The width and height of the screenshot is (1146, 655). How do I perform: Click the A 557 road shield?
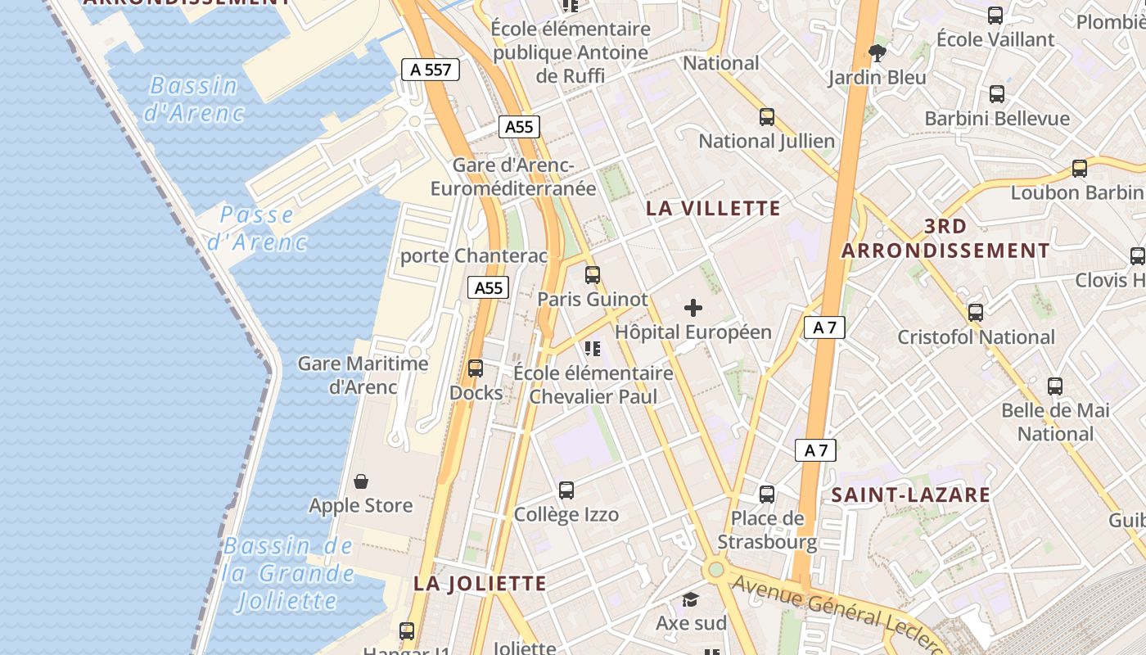pos(431,70)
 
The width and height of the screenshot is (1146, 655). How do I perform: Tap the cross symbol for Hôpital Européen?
pos(693,308)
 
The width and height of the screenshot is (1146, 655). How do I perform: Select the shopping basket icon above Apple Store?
pos(361,481)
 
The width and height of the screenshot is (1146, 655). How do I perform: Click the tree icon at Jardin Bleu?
pos(878,53)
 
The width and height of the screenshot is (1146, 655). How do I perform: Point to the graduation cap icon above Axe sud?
pos(691,599)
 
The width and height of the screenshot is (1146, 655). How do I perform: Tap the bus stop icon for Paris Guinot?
pos(593,275)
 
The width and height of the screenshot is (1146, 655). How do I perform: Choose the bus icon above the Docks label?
pos(476,368)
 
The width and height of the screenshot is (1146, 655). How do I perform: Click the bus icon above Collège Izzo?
pos(566,490)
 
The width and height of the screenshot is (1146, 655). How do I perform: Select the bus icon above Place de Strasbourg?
pos(767,494)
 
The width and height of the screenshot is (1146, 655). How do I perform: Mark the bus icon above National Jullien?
pos(767,117)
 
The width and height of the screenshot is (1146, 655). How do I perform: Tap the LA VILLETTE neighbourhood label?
pos(713,208)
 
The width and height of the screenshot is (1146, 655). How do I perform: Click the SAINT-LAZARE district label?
pos(911,495)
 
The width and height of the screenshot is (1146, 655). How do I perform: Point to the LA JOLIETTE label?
pos(480,583)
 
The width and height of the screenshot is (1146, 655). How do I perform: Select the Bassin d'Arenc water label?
pos(194,99)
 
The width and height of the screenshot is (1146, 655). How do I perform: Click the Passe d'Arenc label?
pos(257,228)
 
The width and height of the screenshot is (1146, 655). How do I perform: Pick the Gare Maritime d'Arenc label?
pos(363,375)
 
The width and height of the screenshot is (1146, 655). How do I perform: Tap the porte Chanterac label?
pos(473,256)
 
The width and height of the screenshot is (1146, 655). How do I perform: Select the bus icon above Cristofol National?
pos(975,313)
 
